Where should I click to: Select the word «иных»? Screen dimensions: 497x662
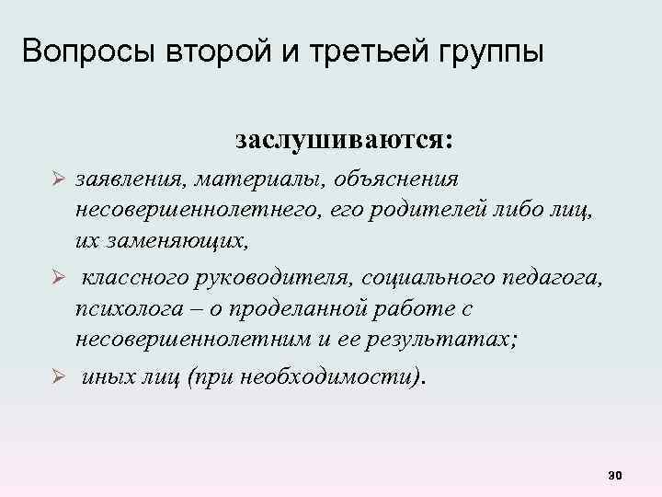108,378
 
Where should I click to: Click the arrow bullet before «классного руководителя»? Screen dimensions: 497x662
57,278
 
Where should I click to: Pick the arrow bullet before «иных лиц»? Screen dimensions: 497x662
57,378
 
